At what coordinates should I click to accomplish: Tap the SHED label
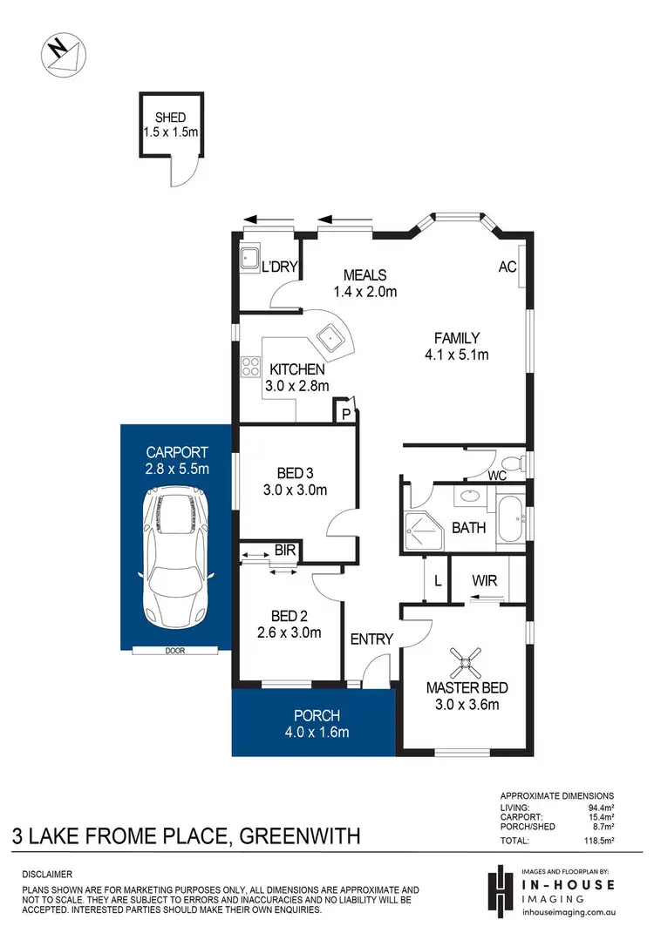click(x=172, y=118)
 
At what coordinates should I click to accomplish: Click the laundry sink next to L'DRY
click(x=249, y=259)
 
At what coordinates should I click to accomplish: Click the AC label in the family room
click(x=508, y=267)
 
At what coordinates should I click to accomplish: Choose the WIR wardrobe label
click(x=485, y=579)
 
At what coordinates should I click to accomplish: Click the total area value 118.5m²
click(x=597, y=842)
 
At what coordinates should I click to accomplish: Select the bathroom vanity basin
click(x=472, y=497)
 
